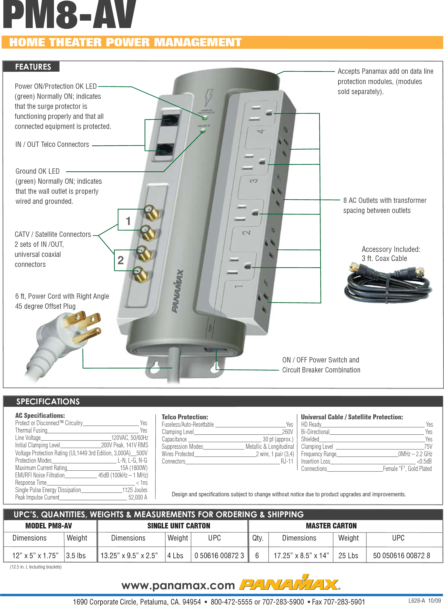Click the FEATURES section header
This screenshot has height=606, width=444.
click(x=33, y=67)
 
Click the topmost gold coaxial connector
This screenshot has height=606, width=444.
click(x=152, y=212)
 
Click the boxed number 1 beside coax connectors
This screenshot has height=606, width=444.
click(x=128, y=221)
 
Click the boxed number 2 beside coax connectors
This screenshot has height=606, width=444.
click(x=121, y=260)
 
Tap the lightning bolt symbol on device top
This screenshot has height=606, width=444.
click(x=208, y=97)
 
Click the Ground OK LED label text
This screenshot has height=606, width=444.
click(x=37, y=171)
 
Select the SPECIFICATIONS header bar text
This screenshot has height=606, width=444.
click(x=48, y=401)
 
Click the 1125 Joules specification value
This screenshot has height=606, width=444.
click(x=135, y=490)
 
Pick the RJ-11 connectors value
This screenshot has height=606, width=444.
click(x=287, y=461)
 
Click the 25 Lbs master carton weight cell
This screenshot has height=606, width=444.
click(x=348, y=556)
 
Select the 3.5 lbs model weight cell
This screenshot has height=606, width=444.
click(x=76, y=556)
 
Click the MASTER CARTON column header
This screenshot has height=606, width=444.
click(x=331, y=526)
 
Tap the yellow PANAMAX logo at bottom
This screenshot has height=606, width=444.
click(x=289, y=584)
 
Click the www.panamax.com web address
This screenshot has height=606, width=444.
click(x=178, y=585)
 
